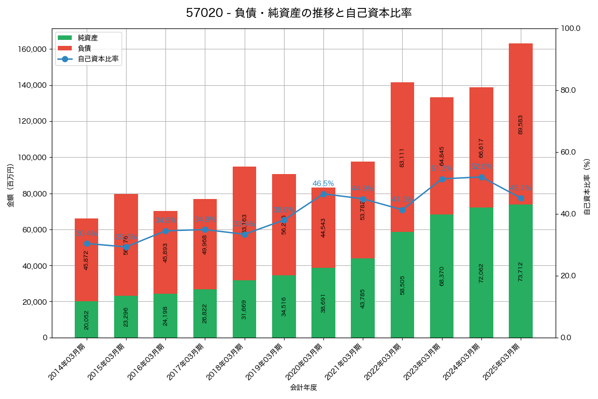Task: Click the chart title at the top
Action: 299,13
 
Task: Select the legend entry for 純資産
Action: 88,38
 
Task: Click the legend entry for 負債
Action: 84,48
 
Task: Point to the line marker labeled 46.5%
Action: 323,194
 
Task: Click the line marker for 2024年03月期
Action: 481,177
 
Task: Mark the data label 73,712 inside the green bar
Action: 521,272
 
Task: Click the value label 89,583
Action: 521,125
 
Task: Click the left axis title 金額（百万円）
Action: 10,186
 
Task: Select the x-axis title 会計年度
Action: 303,387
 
